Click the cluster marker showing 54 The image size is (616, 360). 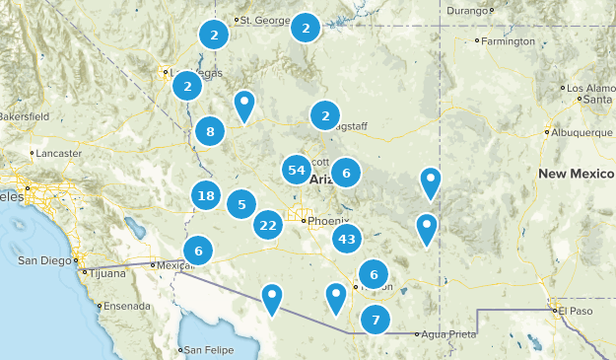296,171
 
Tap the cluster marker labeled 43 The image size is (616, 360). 346,239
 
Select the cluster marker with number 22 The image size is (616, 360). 267,225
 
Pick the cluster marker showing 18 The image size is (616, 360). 206,196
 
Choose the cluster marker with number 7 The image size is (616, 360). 376,320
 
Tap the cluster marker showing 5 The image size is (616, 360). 241,205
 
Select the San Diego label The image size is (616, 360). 46,260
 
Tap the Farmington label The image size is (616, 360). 508,41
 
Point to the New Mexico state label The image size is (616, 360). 576,174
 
